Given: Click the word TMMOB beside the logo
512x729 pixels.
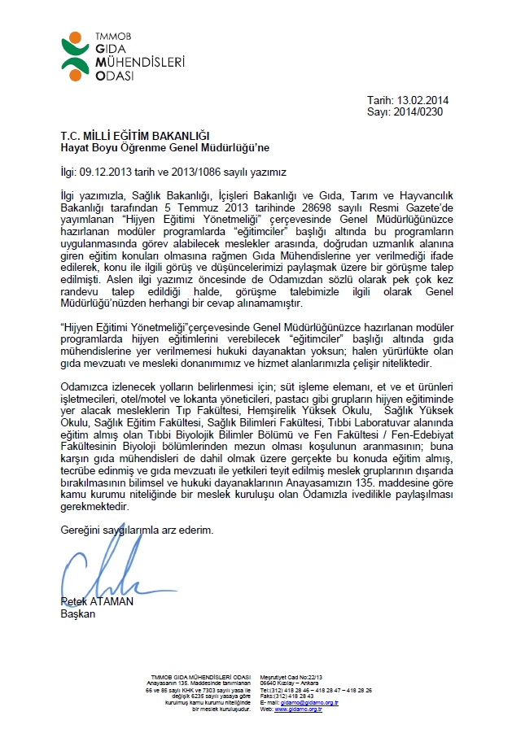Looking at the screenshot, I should [107, 37].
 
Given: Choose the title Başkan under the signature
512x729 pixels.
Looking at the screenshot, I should [79, 614].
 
